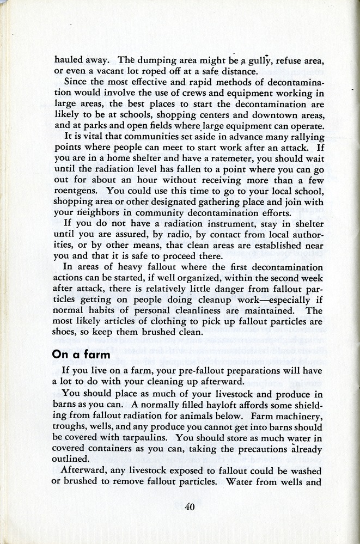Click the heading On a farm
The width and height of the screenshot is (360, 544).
81,354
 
